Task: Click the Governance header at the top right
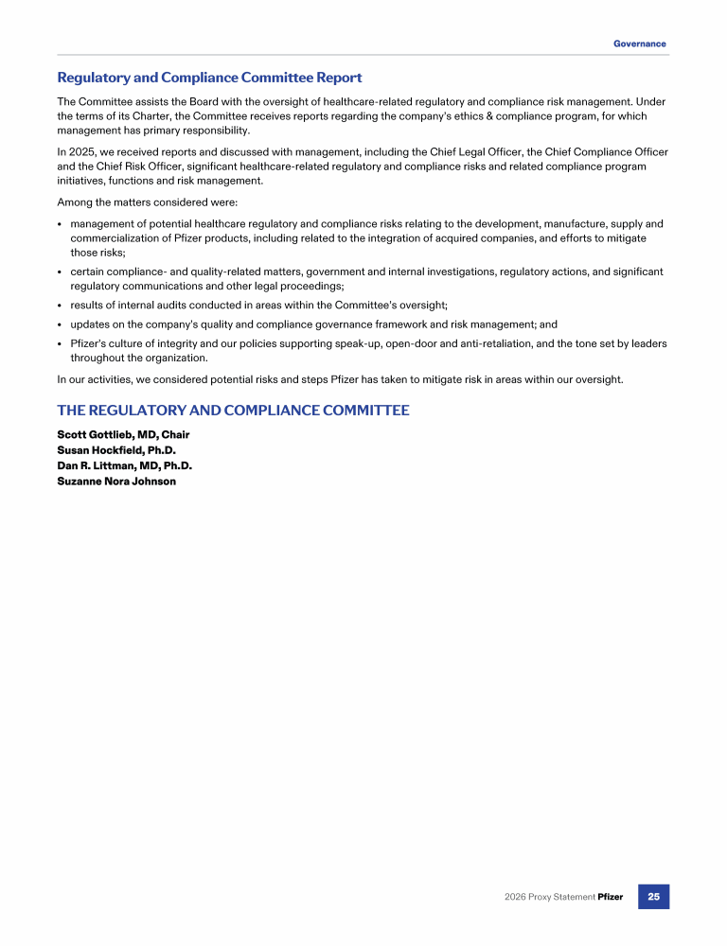pos(639,44)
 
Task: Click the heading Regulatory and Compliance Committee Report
pos(209,78)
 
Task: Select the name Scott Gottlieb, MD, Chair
pos(123,435)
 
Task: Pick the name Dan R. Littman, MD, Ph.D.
pos(124,465)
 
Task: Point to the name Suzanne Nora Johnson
pos(116,481)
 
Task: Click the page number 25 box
pos(653,897)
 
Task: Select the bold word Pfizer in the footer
pos(611,897)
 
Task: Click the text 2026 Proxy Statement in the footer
pos(549,897)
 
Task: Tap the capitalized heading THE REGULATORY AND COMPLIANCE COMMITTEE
pos(233,411)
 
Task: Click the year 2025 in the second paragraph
pos(81,152)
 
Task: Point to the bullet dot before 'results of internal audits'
pos(60,306)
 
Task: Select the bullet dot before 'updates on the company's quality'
pos(60,324)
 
